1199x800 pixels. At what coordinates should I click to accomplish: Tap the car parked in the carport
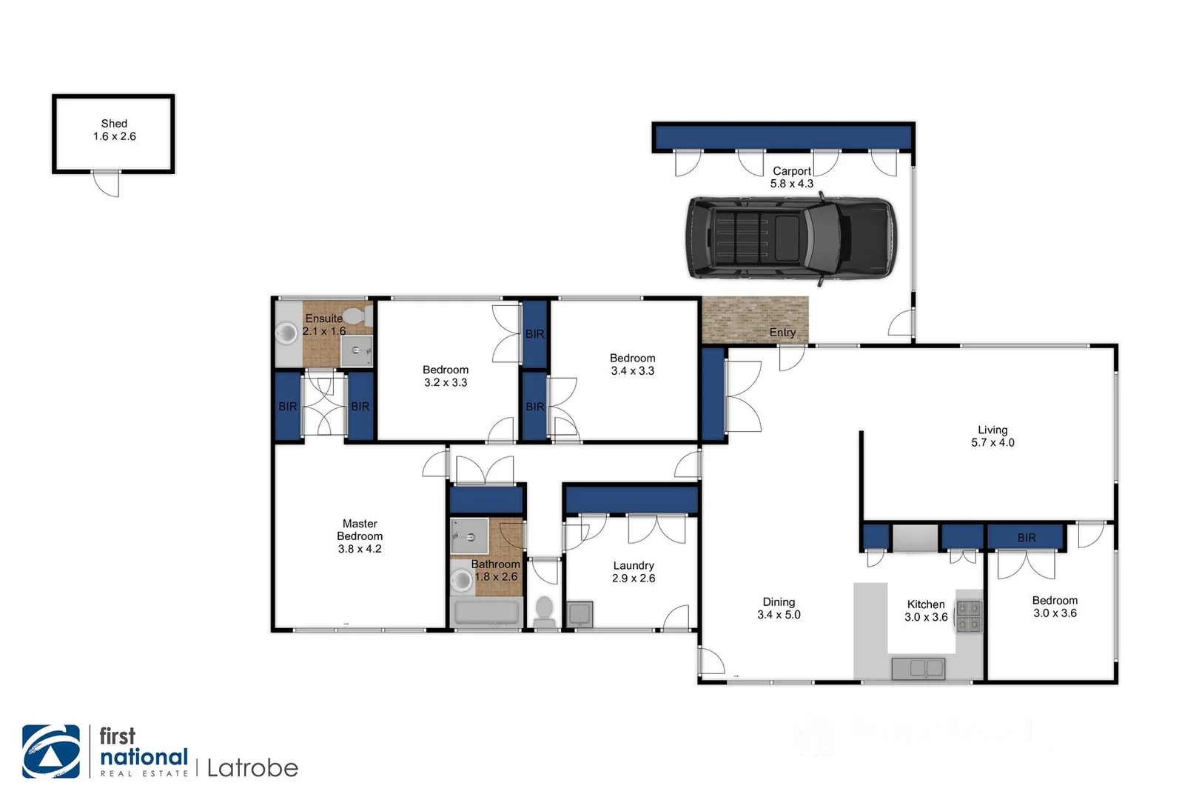point(791,238)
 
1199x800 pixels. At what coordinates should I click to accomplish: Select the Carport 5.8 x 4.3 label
point(791,177)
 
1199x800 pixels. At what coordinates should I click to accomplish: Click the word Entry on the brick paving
point(782,332)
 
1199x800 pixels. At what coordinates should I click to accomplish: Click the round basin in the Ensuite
point(286,333)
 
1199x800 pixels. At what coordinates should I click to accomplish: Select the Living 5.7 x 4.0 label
point(993,436)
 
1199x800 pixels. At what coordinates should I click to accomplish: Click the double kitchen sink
point(918,668)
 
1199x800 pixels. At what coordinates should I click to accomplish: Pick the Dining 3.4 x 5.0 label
point(779,608)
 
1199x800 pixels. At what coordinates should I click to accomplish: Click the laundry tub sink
point(580,614)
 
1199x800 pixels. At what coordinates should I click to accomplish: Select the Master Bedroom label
point(360,536)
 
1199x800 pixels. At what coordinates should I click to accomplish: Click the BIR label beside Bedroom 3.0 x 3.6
point(1027,537)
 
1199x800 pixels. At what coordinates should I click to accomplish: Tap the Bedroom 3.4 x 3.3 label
point(632,364)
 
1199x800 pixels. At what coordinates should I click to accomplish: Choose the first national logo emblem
point(51,751)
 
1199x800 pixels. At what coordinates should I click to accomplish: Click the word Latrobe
point(252,768)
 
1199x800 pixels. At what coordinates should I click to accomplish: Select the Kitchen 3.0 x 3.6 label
point(926,610)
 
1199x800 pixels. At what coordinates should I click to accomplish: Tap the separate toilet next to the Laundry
point(545,611)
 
